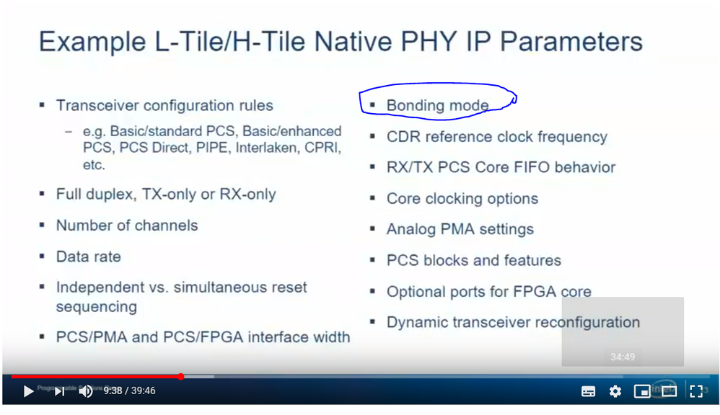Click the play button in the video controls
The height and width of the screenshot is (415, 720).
pos(28,391)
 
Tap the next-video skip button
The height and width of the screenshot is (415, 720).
pos(59,391)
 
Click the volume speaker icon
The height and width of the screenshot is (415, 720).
pos(86,391)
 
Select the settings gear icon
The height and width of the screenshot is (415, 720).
pos(615,391)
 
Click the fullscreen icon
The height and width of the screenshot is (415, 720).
pos(696,391)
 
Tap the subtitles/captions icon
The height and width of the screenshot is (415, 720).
pos(588,391)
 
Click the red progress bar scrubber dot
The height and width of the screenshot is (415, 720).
pos(181,377)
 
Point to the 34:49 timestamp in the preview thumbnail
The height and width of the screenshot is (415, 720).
pos(623,357)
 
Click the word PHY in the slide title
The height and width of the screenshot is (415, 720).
pos(429,42)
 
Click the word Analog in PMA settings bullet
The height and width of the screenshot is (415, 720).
pos(411,229)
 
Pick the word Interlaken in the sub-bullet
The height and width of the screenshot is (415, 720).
pos(266,148)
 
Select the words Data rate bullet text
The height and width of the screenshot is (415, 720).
pos(89,256)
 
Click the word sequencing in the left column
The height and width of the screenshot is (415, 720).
pos(97,307)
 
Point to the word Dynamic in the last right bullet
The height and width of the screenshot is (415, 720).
pos(417,322)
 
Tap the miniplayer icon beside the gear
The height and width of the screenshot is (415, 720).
pos(642,391)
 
